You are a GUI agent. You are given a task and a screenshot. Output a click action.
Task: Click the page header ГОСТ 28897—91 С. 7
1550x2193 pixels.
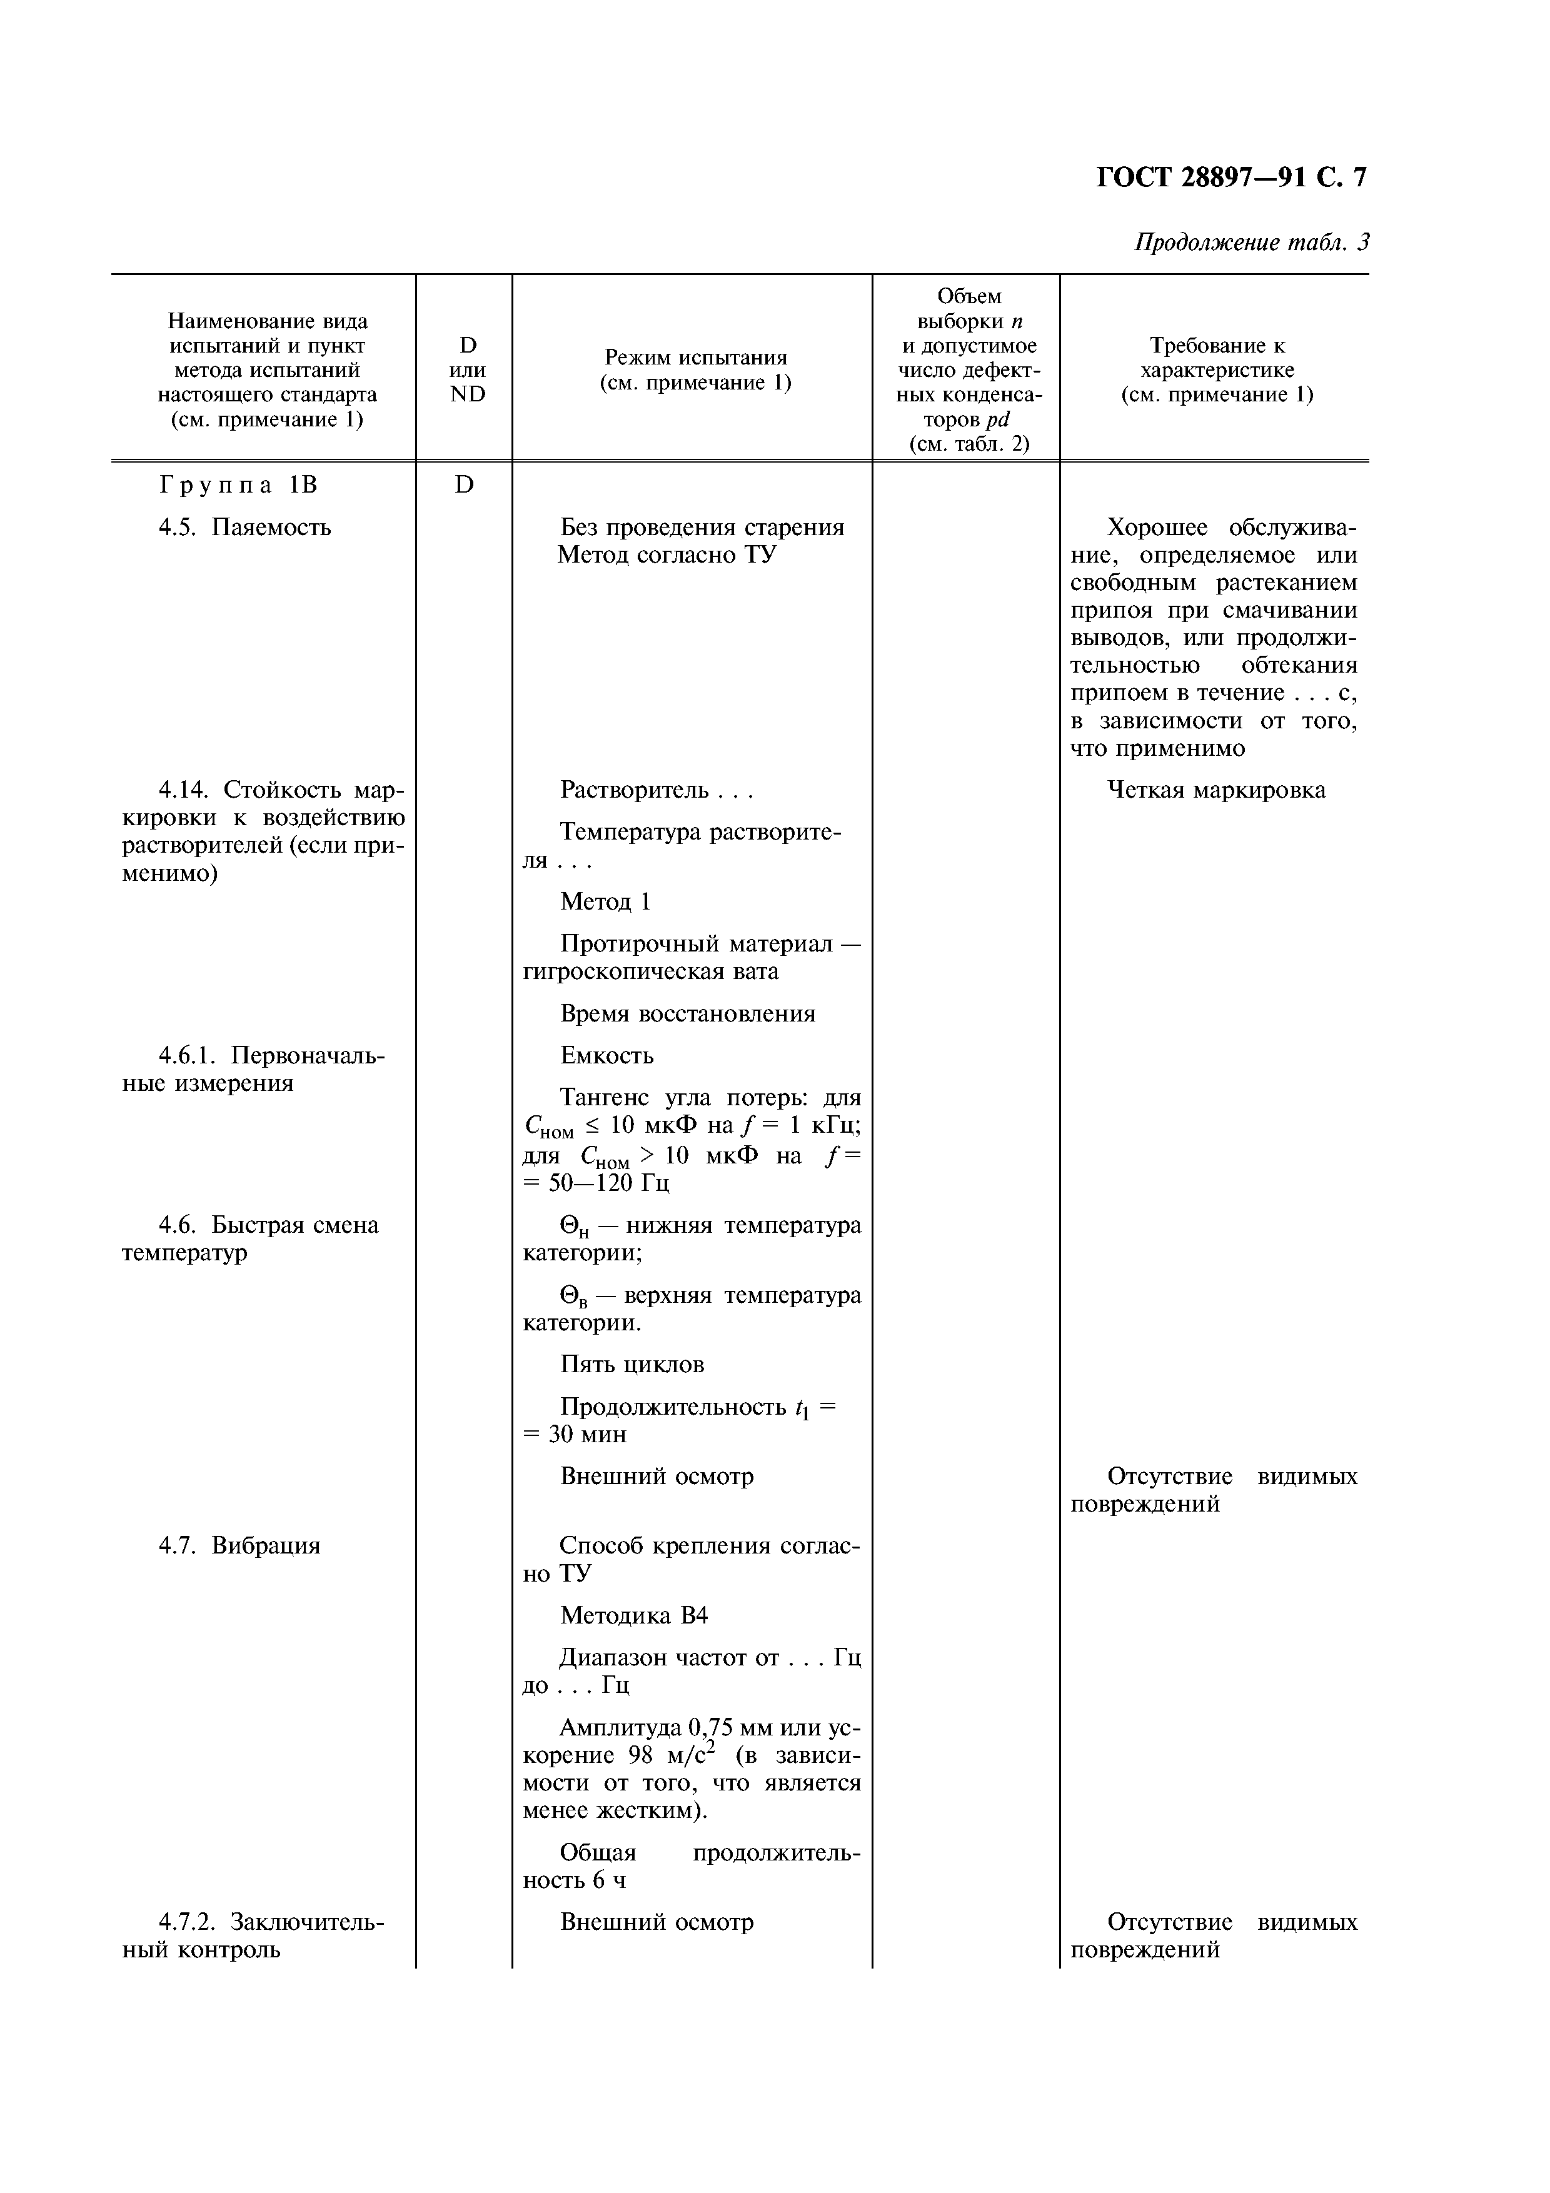click(1230, 177)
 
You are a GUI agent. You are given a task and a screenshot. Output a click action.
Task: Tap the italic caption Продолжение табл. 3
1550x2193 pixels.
click(1251, 243)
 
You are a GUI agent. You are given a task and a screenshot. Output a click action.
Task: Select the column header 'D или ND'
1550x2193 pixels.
click(467, 369)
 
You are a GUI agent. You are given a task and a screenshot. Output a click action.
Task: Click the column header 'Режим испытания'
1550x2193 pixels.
click(695, 369)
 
